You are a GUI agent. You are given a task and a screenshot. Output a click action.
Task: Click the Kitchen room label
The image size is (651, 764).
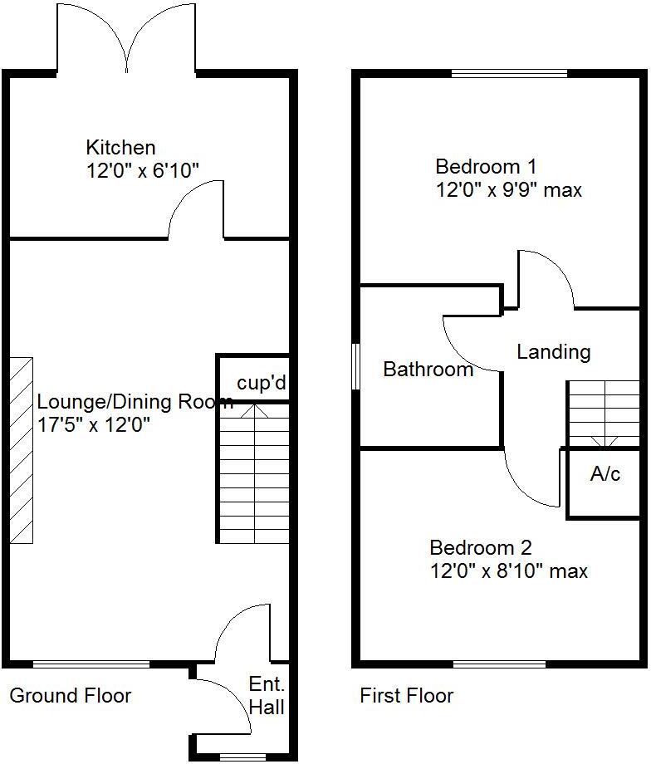tap(120, 148)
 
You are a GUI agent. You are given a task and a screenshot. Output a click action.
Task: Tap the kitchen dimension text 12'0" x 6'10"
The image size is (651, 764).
tap(142, 170)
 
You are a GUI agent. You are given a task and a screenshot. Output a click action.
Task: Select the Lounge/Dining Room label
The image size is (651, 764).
tap(135, 403)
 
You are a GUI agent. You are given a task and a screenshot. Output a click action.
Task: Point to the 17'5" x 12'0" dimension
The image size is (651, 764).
tap(92, 426)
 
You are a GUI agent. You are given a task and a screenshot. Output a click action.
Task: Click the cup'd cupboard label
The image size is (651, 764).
tap(262, 384)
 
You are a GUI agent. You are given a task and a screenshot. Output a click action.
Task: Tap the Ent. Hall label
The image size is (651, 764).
tap(267, 696)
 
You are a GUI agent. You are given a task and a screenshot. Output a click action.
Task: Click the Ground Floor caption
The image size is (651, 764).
tap(71, 695)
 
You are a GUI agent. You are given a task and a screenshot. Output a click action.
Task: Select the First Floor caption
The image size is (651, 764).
tap(406, 695)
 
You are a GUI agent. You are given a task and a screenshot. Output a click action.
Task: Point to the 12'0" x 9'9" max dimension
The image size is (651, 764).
tap(509, 189)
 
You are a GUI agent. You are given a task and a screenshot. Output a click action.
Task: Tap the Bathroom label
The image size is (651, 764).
tap(428, 370)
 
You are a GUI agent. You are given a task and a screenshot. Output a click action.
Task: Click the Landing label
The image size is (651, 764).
tap(553, 352)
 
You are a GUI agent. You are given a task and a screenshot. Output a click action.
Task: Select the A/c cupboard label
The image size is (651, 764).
tap(604, 474)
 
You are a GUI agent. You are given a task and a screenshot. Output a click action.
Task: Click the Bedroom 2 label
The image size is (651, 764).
tap(481, 548)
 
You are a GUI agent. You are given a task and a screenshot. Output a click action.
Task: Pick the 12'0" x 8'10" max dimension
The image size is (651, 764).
tap(508, 571)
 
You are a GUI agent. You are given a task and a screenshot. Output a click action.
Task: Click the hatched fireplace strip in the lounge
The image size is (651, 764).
tap(22, 450)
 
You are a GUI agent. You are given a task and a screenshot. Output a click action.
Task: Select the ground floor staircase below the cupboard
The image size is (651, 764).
tap(254, 473)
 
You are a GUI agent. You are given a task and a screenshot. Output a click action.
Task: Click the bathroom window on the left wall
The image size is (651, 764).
tap(356, 366)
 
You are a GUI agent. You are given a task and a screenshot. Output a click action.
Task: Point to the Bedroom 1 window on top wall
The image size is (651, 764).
tap(509, 74)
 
